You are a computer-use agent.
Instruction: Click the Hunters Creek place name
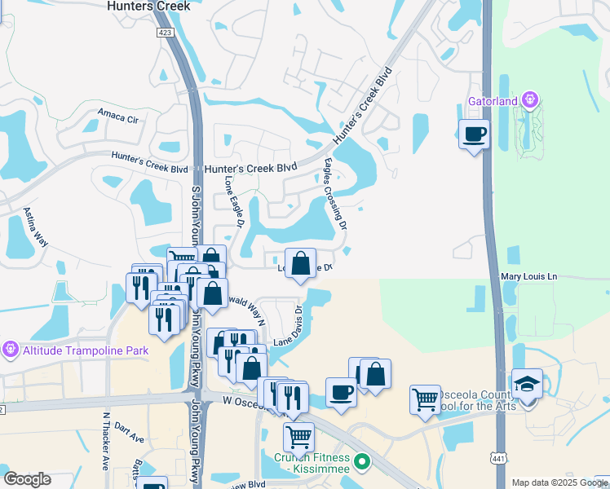pos(148,6)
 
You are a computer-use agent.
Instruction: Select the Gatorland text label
pos(494,102)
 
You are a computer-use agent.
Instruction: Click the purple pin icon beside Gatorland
pos(531,100)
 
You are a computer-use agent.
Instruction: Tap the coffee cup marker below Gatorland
pos(473,134)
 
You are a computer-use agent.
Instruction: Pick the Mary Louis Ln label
pos(528,277)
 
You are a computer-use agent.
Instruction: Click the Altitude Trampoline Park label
pos(73,349)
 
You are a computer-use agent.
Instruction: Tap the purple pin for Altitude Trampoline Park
pos(9,349)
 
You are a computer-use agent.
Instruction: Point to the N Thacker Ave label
pos(106,440)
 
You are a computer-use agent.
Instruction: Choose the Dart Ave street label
pos(129,432)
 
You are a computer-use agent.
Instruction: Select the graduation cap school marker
pos(527,383)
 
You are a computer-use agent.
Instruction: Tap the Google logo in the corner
pos(27,479)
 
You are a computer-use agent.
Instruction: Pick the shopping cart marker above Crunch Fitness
pos(298,436)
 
